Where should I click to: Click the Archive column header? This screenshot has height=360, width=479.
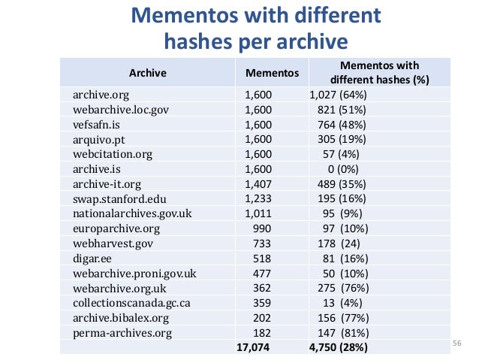(147, 73)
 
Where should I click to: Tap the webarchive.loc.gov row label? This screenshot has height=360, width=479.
(119, 110)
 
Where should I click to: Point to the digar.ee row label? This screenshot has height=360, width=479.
(91, 258)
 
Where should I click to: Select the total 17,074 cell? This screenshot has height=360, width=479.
(252, 347)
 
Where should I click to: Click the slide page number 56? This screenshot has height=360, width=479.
(455, 344)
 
